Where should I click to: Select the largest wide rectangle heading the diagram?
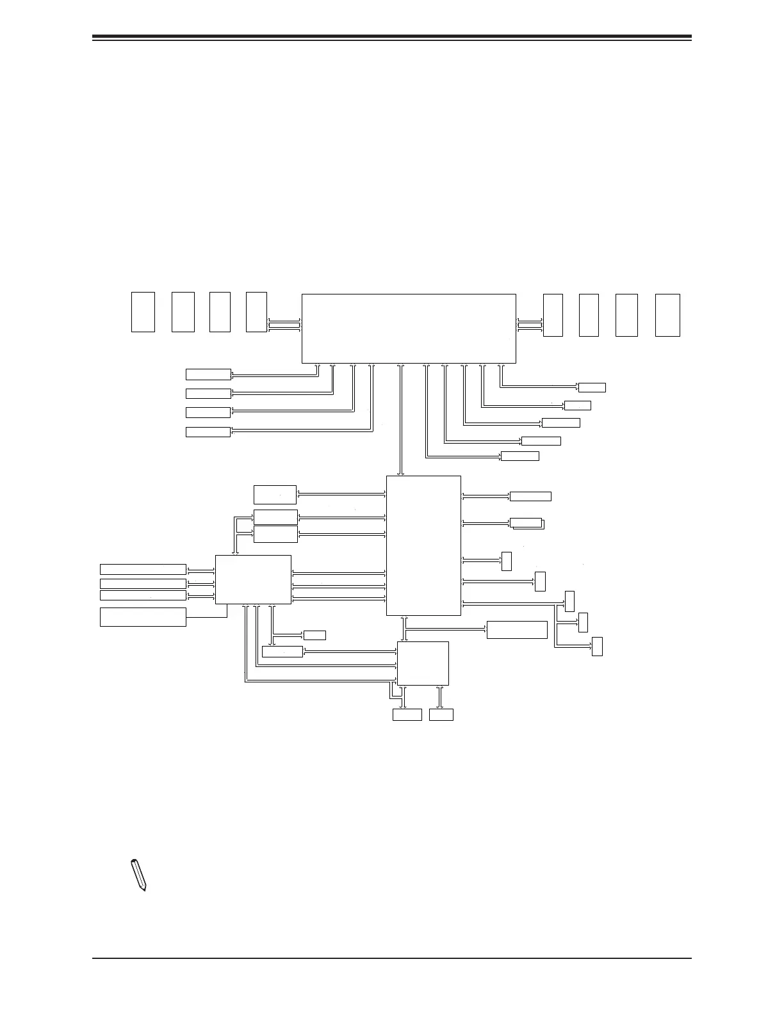pyautogui.click(x=409, y=328)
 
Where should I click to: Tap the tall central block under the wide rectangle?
pyautogui.click(x=423, y=545)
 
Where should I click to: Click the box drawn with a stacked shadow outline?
pyautogui.click(x=527, y=523)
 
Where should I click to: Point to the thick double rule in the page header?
pyautogui.click(x=392, y=38)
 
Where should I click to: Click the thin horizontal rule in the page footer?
pyautogui.click(x=392, y=958)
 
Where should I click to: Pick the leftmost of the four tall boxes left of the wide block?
pyautogui.click(x=143, y=312)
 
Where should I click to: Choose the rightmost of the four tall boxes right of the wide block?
pyautogui.click(x=667, y=315)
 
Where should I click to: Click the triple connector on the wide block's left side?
pyautogui.click(x=284, y=325)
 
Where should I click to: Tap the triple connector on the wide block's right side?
pyautogui.click(x=530, y=325)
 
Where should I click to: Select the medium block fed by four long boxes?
pyautogui.click(x=253, y=579)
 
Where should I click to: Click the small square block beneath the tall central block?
pyautogui.click(x=423, y=663)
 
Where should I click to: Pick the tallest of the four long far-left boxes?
pyautogui.click(x=143, y=617)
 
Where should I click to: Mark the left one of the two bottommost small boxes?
pyautogui.click(x=407, y=714)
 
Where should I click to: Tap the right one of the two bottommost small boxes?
pyautogui.click(x=441, y=714)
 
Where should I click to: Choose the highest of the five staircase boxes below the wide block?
pyautogui.click(x=592, y=387)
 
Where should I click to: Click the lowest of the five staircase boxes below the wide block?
pyautogui.click(x=519, y=456)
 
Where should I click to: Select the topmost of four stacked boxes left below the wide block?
pyautogui.click(x=208, y=374)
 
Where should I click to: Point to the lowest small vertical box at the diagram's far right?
pyautogui.click(x=597, y=647)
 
